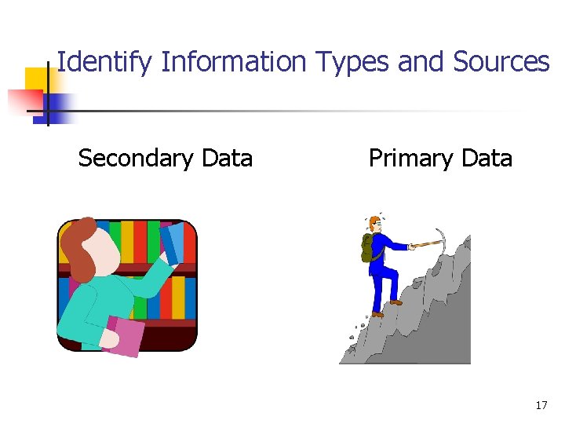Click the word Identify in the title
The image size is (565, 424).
104,61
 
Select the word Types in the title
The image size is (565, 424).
352,61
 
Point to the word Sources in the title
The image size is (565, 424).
501,61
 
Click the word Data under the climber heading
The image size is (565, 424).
487,158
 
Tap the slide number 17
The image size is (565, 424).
541,405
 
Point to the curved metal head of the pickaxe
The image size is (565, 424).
441,236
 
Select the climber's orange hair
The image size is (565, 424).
374,221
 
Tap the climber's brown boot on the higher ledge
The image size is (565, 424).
396,302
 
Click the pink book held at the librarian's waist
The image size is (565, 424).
124,334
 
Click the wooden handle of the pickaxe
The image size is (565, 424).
424,243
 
